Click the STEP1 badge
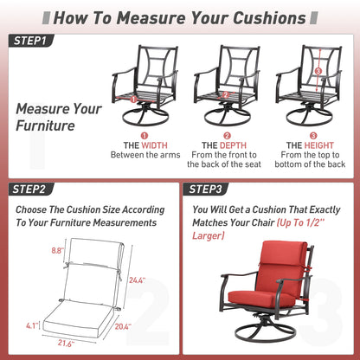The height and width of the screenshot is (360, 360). point(31,41)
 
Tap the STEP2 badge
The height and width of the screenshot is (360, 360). point(31,190)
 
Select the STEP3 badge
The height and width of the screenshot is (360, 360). point(206,190)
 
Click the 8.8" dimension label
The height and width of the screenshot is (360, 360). point(57,250)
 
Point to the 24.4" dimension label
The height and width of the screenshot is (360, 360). point(137,280)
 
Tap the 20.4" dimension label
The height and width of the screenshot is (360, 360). point(123,326)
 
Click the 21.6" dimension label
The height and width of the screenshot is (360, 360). point(66,343)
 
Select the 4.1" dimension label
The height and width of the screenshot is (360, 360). point(32,325)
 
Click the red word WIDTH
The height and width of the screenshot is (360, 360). point(154,145)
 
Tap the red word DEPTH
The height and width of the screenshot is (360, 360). point(233,145)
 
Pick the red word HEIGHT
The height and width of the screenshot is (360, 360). point(318,145)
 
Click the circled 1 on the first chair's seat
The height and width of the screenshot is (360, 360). point(133,100)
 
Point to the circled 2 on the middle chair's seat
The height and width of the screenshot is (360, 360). point(226,95)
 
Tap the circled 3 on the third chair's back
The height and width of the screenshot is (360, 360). point(318,71)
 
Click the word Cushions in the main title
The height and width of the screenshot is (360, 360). point(269,18)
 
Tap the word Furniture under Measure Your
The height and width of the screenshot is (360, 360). point(45,125)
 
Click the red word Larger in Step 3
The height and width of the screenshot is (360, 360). point(209,235)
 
